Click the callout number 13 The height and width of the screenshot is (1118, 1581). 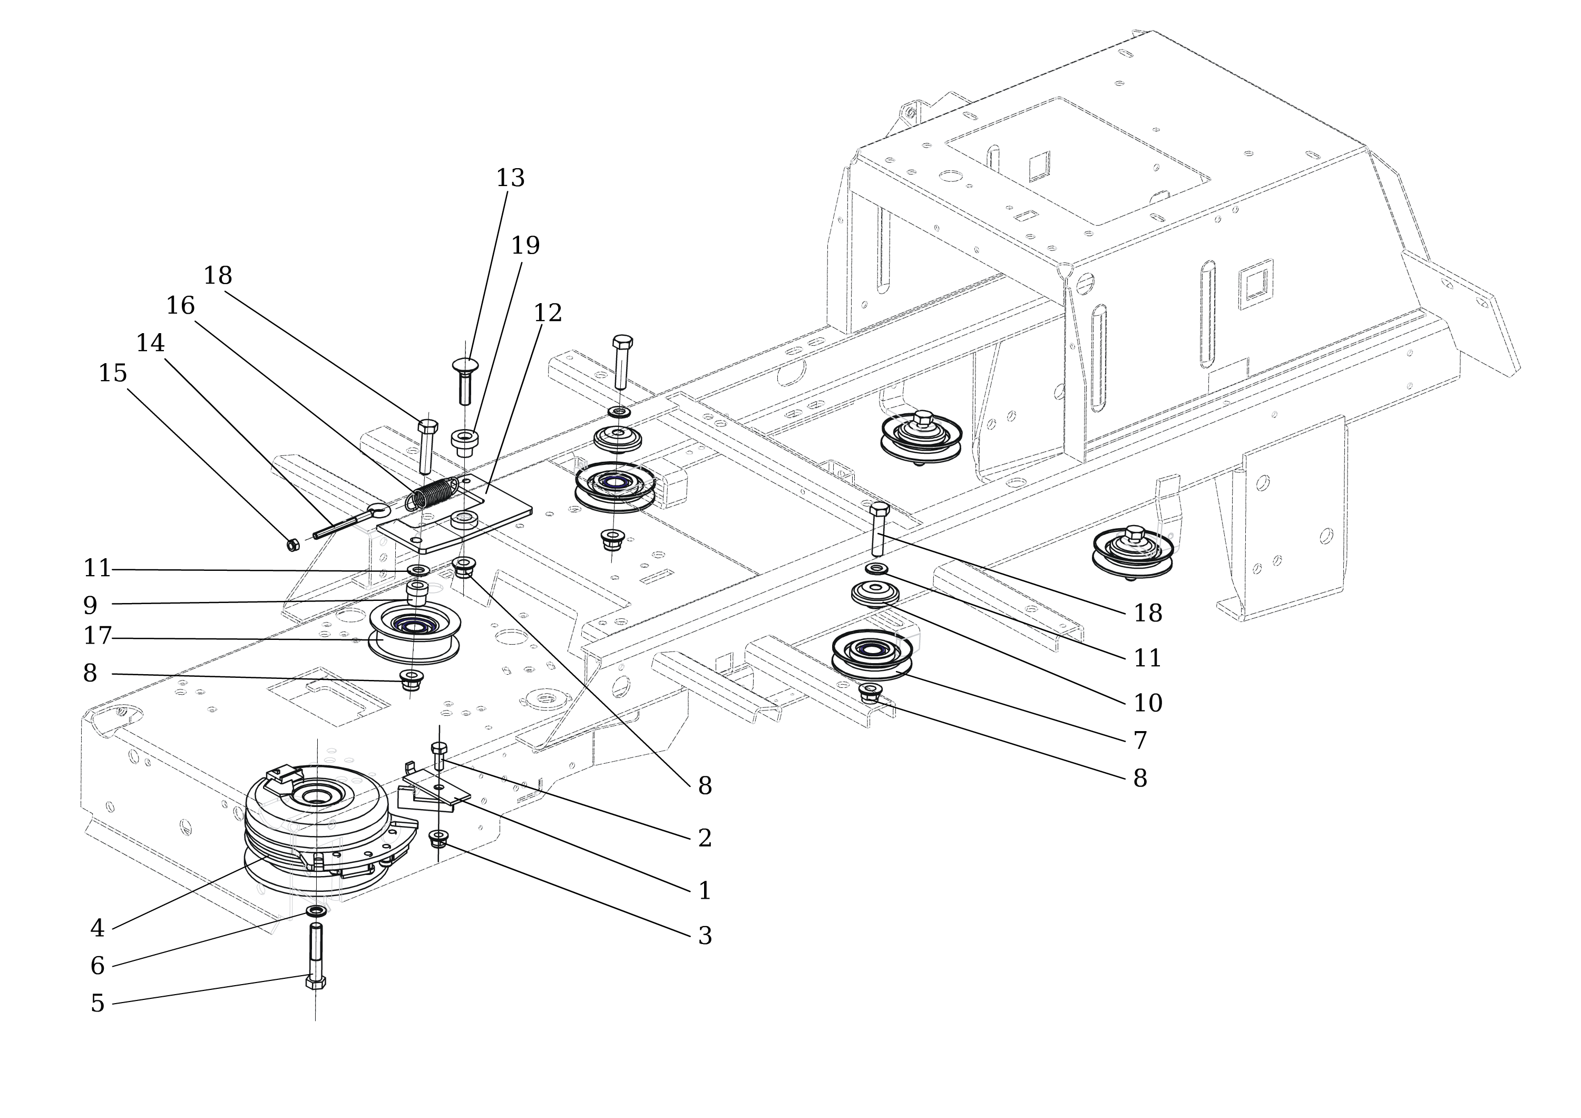(510, 178)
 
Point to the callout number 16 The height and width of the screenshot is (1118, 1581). (180, 306)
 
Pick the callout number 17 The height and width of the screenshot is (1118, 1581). (97, 636)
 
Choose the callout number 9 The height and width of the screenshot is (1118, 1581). (90, 606)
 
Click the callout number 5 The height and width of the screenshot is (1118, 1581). (97, 1004)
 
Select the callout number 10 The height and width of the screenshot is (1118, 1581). (1148, 703)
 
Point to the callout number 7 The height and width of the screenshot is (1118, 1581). (1140, 741)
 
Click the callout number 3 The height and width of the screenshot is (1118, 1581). (705, 936)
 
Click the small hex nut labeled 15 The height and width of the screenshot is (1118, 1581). (292, 544)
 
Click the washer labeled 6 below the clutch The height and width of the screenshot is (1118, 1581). (316, 911)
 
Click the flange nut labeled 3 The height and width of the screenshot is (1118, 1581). (438, 839)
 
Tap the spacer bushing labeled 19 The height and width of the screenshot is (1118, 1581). (465, 442)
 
